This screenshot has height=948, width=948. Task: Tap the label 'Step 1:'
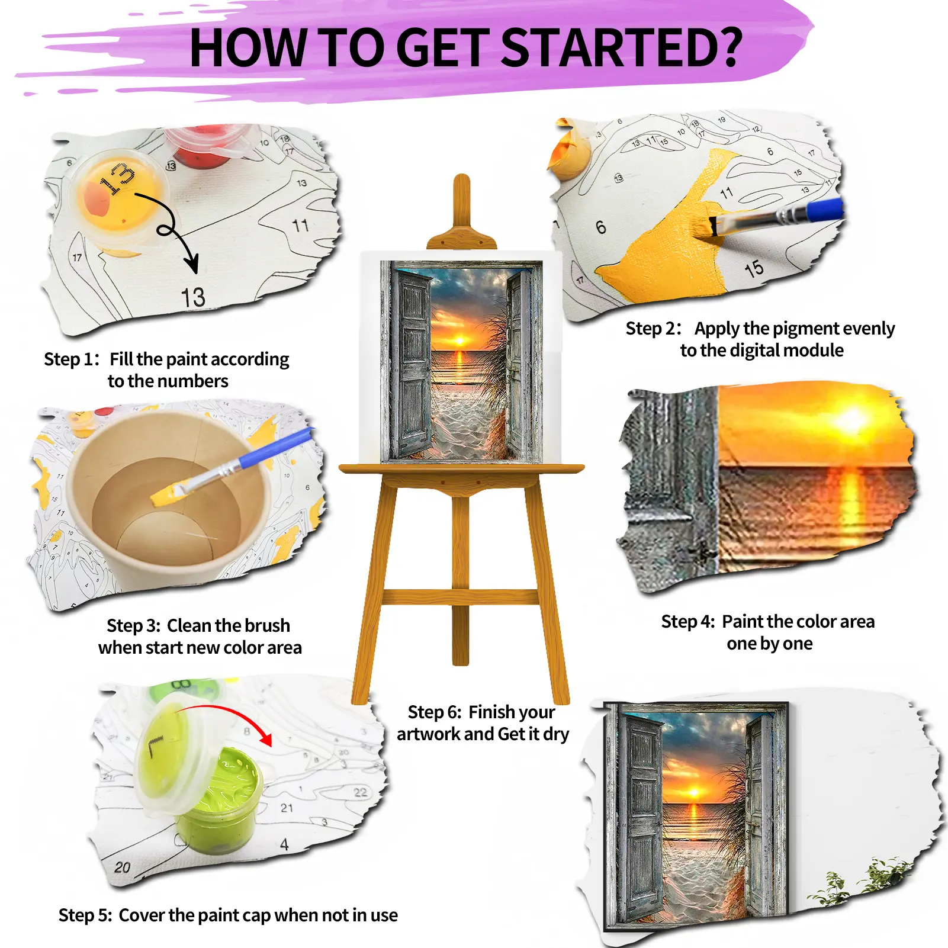click(x=72, y=359)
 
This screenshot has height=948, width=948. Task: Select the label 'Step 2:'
click(x=654, y=329)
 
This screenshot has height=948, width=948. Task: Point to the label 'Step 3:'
click(x=134, y=626)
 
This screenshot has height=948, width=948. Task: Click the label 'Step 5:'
click(x=85, y=915)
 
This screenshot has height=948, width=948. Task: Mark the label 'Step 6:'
click(x=435, y=712)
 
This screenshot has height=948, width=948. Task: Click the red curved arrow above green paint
click(x=228, y=714)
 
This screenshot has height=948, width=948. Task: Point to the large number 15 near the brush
click(x=754, y=269)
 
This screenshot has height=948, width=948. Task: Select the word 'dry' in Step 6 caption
click(x=555, y=735)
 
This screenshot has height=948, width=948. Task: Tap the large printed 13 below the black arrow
click(x=194, y=297)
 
